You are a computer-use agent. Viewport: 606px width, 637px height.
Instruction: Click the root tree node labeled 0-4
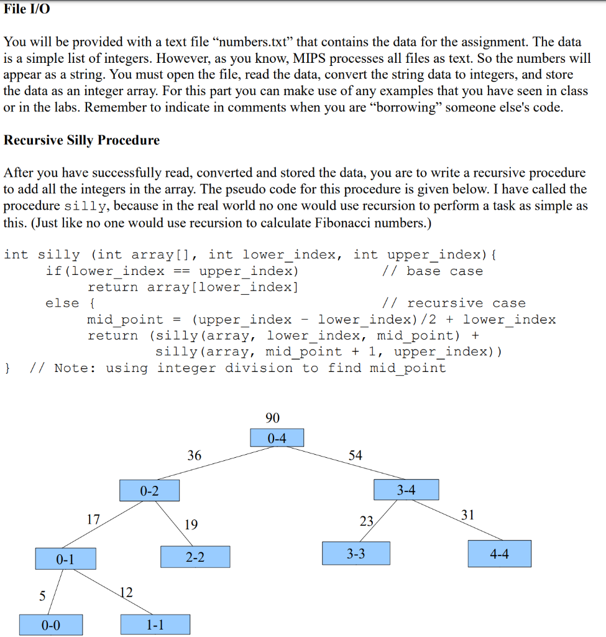pyautogui.click(x=277, y=438)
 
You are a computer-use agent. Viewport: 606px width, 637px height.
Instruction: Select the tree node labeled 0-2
pyautogui.click(x=149, y=491)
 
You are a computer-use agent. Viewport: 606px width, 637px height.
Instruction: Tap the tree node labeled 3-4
pyautogui.click(x=406, y=490)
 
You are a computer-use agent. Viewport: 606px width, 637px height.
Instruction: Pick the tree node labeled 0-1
pyautogui.click(x=65, y=559)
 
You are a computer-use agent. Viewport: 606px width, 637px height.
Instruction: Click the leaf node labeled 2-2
pyautogui.click(x=195, y=557)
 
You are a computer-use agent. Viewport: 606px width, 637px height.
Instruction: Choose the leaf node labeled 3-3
pyautogui.click(x=356, y=553)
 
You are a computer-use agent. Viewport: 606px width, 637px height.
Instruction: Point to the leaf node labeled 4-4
pyautogui.click(x=500, y=554)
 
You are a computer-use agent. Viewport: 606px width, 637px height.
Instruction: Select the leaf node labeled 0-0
pyautogui.click(x=51, y=625)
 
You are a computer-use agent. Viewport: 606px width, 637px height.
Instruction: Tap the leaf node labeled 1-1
pyautogui.click(x=155, y=625)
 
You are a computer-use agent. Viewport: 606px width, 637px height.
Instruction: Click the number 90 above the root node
pyautogui.click(x=272, y=417)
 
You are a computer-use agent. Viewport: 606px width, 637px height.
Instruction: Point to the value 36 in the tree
pyautogui.click(x=195, y=455)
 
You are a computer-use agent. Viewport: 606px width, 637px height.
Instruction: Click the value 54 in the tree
pyautogui.click(x=355, y=455)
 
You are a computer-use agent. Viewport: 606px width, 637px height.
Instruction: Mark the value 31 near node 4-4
pyautogui.click(x=468, y=514)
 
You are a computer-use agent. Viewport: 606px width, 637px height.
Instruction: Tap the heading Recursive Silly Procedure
pyautogui.click(x=81, y=140)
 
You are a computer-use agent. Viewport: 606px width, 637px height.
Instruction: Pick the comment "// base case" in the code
pyautogui.click(x=433, y=271)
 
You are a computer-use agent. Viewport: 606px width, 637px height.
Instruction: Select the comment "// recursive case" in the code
pyautogui.click(x=454, y=304)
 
